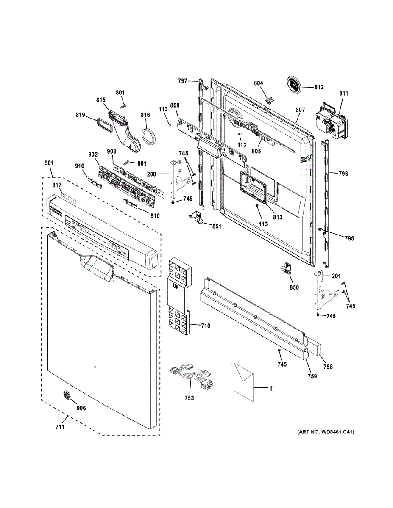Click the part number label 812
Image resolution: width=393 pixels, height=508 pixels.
(x=319, y=87)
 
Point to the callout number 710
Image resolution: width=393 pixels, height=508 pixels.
(x=205, y=326)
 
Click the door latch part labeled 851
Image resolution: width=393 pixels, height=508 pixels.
(x=197, y=217)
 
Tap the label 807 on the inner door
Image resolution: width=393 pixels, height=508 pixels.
(x=300, y=110)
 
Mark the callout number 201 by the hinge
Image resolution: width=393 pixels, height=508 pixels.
(x=336, y=276)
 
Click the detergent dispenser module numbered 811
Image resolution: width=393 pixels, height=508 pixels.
(x=331, y=120)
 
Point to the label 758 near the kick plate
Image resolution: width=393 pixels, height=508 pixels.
(x=328, y=367)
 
